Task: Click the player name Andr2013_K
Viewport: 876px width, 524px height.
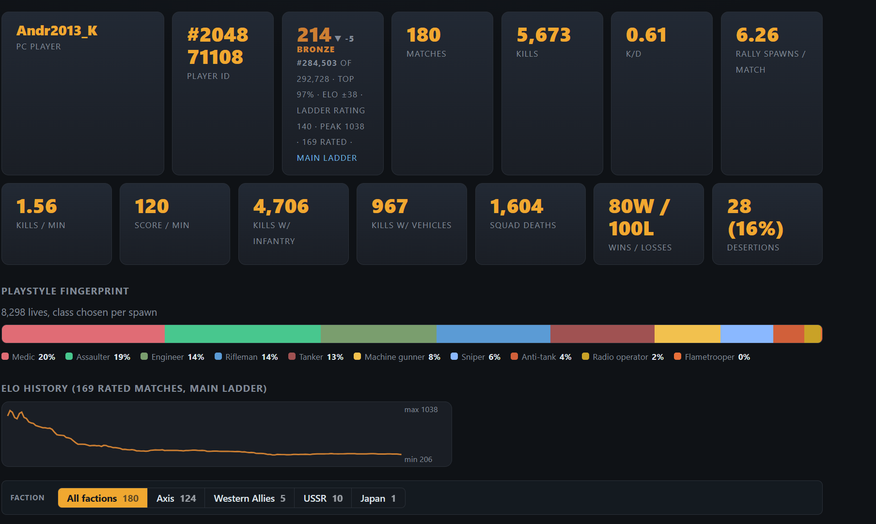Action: point(57,31)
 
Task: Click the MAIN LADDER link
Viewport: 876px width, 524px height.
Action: point(327,158)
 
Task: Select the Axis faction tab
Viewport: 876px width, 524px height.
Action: point(176,498)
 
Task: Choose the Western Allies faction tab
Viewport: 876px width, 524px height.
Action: point(250,498)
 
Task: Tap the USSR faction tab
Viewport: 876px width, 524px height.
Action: point(323,498)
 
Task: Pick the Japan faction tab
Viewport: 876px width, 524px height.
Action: point(378,498)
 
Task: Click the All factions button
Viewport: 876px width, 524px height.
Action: point(103,498)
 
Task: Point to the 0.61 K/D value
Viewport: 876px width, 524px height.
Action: point(646,35)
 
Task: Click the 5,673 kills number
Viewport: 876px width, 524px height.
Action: point(544,35)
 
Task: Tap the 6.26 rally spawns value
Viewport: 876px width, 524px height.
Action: point(757,35)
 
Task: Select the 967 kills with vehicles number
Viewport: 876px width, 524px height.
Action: point(390,206)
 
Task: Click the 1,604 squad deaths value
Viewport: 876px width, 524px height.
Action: point(516,206)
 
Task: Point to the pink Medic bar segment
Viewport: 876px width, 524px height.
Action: point(83,334)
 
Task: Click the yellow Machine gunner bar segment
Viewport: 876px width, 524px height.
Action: point(688,334)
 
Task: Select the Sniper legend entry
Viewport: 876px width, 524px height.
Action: point(475,357)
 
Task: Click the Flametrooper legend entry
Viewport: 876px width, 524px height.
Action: point(712,357)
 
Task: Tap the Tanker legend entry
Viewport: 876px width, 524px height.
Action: point(316,357)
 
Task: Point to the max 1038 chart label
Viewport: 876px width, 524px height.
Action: point(421,410)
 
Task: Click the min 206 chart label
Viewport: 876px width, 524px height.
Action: point(418,460)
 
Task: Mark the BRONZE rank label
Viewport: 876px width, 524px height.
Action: point(316,49)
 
